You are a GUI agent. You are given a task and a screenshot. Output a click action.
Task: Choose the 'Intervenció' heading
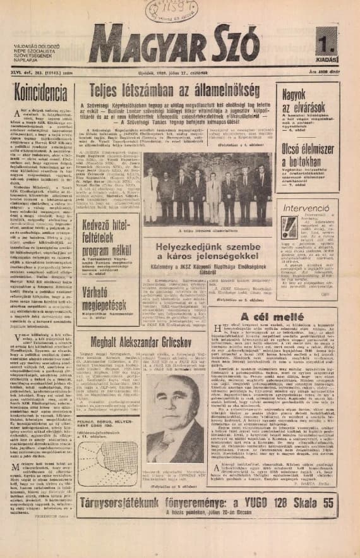point(305,207)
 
